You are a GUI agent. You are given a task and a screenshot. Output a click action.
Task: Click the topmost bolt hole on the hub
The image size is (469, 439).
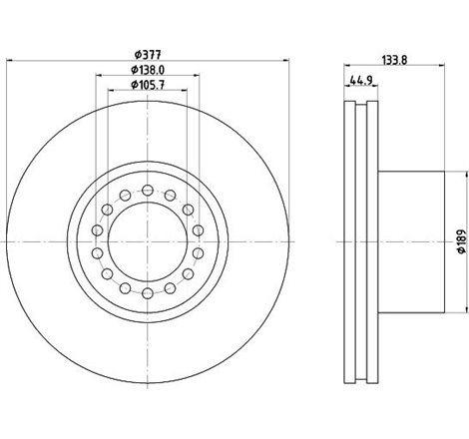tap(147, 189)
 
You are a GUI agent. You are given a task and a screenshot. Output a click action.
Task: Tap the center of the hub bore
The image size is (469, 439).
tap(147, 240)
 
